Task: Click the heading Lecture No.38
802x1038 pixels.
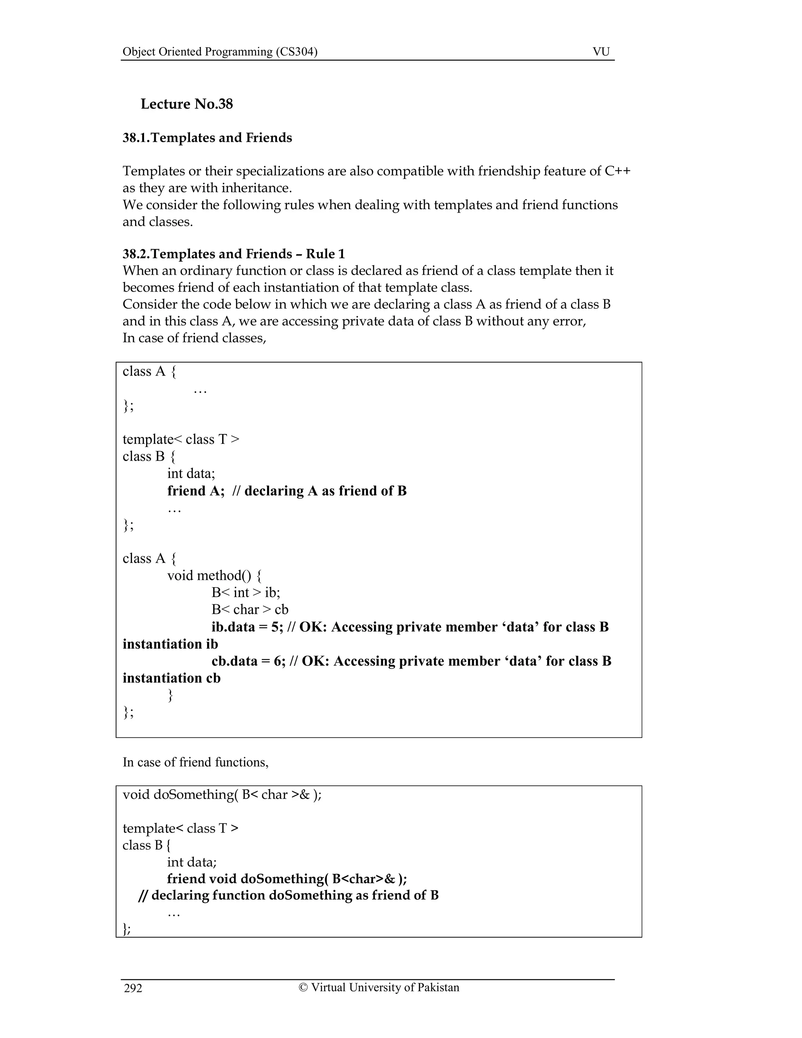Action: coord(187,104)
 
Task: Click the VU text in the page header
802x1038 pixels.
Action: coord(601,51)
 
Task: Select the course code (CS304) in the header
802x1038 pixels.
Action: coord(296,51)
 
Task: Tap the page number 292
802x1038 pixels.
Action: coord(133,988)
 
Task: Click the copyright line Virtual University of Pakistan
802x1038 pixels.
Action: coord(379,987)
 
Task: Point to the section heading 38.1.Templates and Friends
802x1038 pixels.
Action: coord(207,138)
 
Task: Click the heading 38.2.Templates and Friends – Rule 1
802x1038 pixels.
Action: coord(234,254)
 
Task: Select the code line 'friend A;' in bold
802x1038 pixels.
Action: coord(196,490)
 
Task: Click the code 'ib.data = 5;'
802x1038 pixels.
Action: coord(247,627)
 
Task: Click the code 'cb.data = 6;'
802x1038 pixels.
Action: coord(249,661)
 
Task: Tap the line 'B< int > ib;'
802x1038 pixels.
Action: coord(246,593)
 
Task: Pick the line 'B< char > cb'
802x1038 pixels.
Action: coord(250,610)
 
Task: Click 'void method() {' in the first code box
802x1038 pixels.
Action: coord(214,575)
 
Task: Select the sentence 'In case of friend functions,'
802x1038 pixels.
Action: coord(196,762)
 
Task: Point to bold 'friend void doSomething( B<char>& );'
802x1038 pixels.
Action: coord(287,879)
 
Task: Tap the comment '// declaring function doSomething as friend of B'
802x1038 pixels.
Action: coord(288,895)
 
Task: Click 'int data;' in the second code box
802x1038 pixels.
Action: coord(191,862)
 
